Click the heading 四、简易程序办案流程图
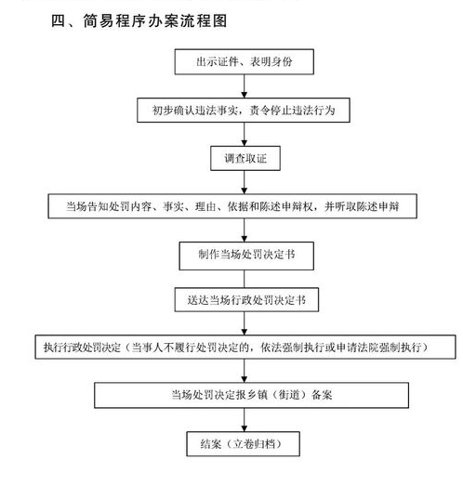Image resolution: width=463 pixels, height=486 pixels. [x=139, y=21]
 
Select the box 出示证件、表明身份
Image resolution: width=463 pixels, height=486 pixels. [x=245, y=61]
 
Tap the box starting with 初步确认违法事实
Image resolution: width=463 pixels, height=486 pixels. [x=244, y=110]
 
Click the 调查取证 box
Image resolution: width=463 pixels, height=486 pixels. [x=245, y=158]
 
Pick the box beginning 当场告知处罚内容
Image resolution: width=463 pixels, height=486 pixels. [x=232, y=206]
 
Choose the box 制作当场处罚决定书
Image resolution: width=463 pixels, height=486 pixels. [x=246, y=256]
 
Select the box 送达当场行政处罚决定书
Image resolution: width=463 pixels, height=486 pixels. [x=246, y=300]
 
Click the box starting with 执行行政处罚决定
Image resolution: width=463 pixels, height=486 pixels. [x=245, y=347]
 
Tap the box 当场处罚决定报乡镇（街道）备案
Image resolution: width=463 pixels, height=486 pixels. [x=252, y=395]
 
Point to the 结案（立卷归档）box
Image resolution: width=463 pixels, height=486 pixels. [x=244, y=444]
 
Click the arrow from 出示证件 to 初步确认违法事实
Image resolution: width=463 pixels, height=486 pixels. [x=245, y=86]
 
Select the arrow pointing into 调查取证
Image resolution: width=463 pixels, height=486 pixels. [x=245, y=134]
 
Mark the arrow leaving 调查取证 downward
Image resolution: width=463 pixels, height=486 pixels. [x=245, y=182]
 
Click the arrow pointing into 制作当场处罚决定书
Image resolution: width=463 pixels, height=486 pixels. [x=245, y=230]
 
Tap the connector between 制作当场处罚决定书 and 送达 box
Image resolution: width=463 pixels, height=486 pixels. [x=245, y=279]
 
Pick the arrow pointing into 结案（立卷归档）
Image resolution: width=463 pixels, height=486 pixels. [x=245, y=420]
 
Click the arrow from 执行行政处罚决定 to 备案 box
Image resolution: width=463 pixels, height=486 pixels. [x=245, y=371]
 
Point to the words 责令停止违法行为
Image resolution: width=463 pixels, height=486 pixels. [x=293, y=110]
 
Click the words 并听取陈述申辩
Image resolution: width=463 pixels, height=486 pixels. [x=362, y=206]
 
